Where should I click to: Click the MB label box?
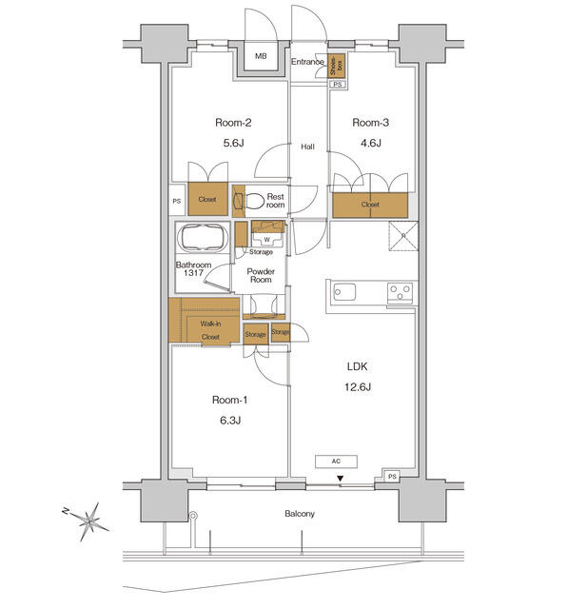coord(261,57)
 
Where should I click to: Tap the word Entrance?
coord(307,63)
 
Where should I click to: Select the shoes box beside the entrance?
coord(336,66)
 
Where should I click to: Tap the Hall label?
coord(308,147)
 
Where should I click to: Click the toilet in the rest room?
coord(251,201)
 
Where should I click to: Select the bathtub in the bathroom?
coord(201,237)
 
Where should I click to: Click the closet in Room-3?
coord(370,204)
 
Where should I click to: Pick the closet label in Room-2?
coord(206,200)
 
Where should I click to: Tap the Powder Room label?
coord(261,277)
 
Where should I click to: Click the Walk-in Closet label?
coord(210,331)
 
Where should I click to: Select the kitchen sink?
coord(344,292)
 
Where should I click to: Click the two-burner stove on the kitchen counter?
coord(400,292)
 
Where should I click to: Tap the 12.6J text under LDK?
coord(356,386)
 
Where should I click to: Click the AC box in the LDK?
coord(337,461)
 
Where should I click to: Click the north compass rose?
coord(91,521)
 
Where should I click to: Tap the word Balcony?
coord(300,514)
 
